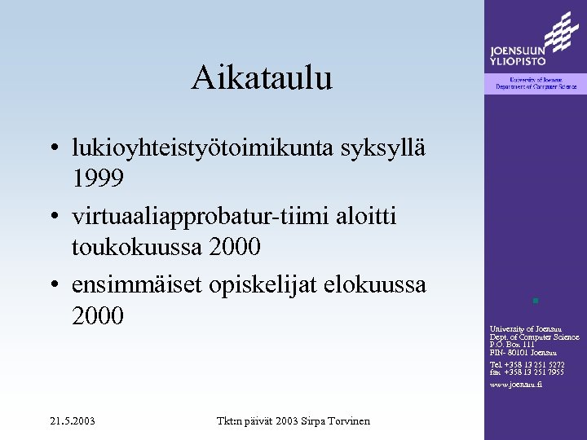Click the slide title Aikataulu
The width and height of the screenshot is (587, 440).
(262, 78)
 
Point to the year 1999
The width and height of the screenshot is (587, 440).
(98, 177)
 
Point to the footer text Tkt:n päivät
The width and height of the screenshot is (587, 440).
(244, 421)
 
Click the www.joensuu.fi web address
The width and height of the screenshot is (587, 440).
(515, 384)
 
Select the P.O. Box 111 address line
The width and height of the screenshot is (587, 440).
(513, 344)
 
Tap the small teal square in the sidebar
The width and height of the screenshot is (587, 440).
(535, 301)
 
